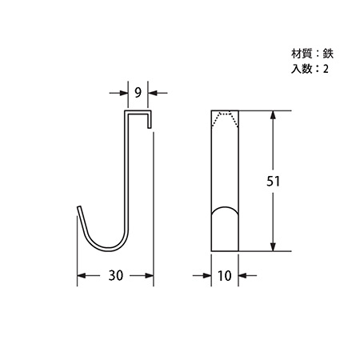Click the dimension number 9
(x=138, y=93)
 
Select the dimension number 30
(x=116, y=275)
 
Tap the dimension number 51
(x=274, y=182)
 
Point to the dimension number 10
(x=225, y=276)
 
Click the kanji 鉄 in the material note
(x=328, y=54)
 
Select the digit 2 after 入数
(x=326, y=69)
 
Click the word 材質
(x=302, y=54)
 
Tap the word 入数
(x=302, y=69)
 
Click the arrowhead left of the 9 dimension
(x=123, y=93)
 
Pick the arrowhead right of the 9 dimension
(x=153, y=93)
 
